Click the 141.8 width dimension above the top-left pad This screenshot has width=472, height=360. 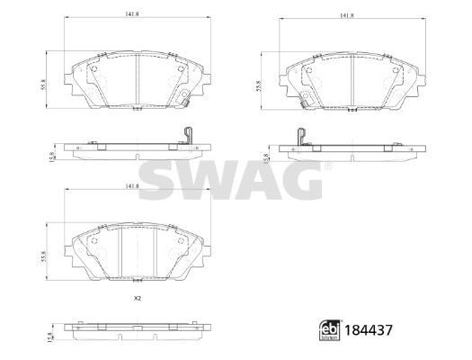(x=131, y=13)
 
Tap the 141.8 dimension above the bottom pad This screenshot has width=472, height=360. (x=131, y=186)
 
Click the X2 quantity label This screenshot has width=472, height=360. (x=138, y=298)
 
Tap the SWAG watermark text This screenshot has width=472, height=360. (x=236, y=183)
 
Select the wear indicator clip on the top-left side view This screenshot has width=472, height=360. (x=186, y=136)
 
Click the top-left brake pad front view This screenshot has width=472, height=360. (x=135, y=81)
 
